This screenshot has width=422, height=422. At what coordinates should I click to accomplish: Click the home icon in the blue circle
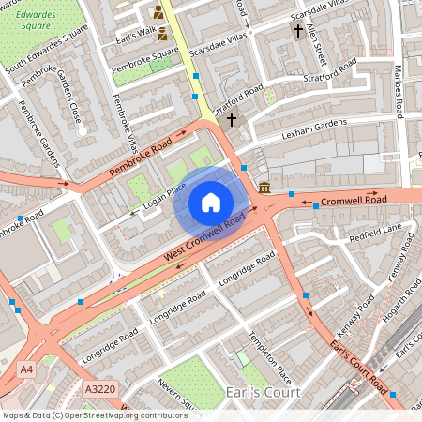211,202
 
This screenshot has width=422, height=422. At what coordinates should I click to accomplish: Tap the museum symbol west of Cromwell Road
265,188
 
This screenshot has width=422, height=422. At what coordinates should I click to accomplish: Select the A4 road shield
26,369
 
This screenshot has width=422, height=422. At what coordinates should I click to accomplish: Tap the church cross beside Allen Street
298,31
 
